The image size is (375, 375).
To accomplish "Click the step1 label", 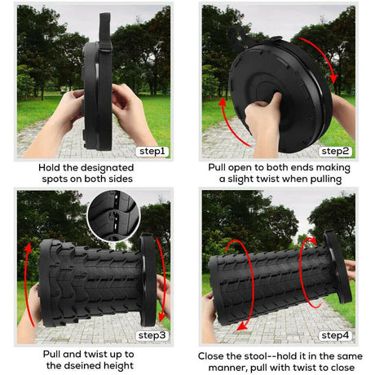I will coord(152,151).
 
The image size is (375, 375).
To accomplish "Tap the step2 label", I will coord(334,151).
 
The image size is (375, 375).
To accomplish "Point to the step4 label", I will coord(334,335).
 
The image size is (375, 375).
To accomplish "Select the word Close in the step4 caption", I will coord(215,356).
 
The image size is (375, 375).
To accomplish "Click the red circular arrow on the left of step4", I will coord(230,285).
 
